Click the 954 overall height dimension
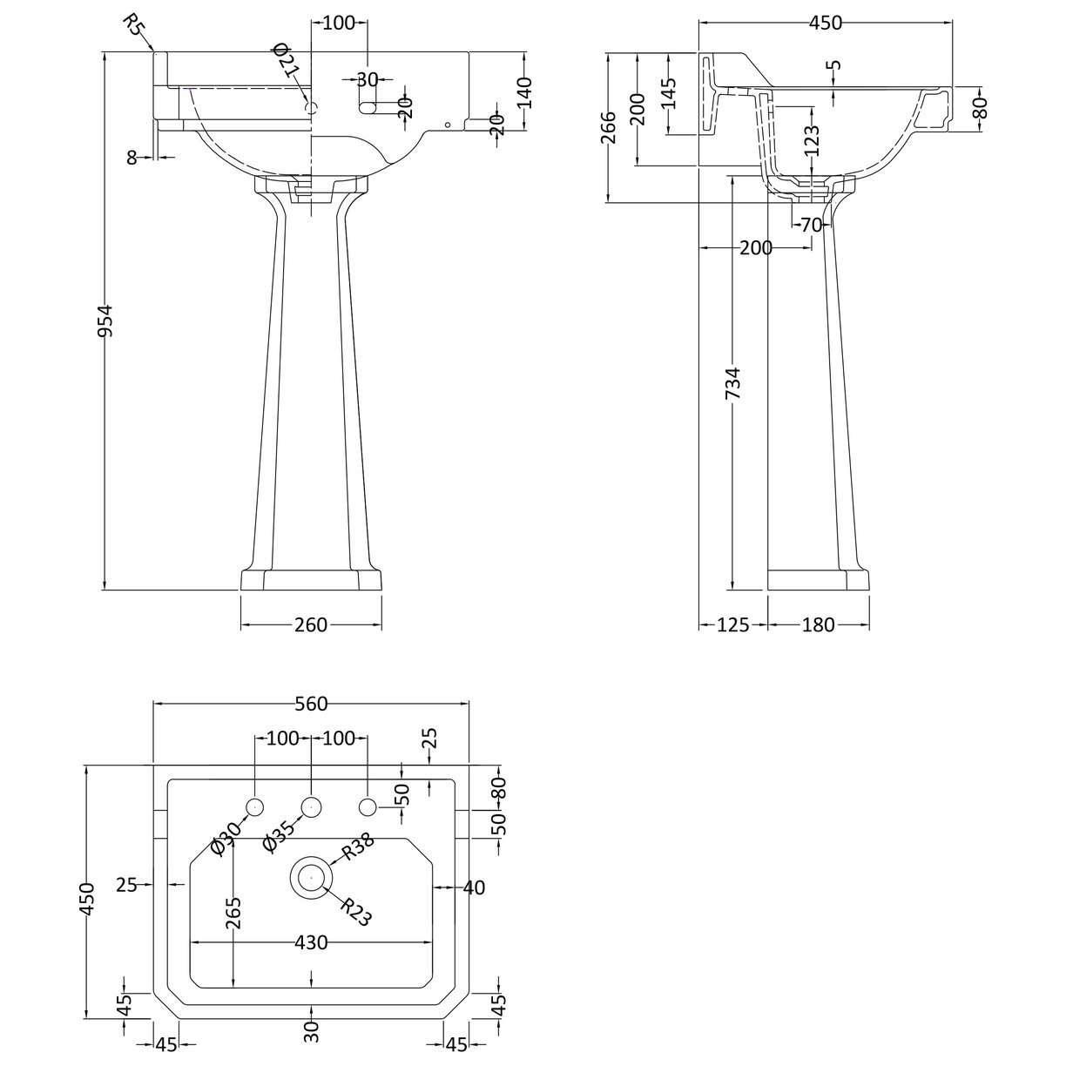(x=105, y=321)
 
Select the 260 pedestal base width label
(x=311, y=625)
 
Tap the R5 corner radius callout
(x=134, y=24)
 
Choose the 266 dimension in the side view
(x=610, y=127)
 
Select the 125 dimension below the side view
(x=732, y=625)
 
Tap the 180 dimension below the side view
(x=819, y=625)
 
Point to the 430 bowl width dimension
(x=311, y=942)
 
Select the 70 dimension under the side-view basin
(x=811, y=225)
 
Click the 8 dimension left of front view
(x=132, y=158)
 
